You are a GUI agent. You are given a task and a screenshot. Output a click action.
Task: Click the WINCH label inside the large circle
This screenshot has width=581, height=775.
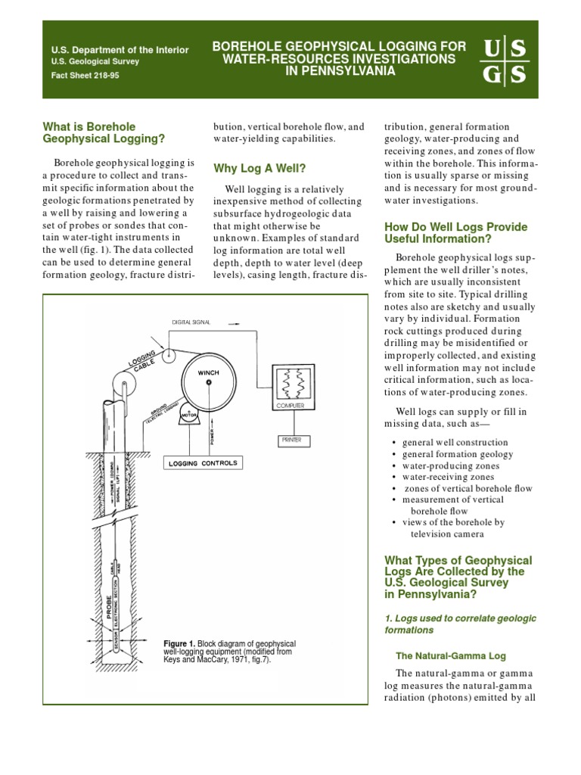pyautogui.click(x=208, y=373)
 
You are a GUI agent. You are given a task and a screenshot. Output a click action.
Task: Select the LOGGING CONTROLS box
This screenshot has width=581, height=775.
pyautogui.click(x=203, y=462)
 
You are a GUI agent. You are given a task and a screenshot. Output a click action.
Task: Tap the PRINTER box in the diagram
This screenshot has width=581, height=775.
pyautogui.click(x=291, y=438)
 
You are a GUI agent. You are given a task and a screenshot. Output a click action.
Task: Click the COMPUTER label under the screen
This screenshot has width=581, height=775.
pyautogui.click(x=291, y=406)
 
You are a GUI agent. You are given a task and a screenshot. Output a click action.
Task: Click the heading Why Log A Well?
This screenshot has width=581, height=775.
pyautogui.click(x=260, y=167)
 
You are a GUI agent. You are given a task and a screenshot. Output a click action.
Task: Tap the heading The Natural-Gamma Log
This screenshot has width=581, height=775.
pyautogui.click(x=451, y=655)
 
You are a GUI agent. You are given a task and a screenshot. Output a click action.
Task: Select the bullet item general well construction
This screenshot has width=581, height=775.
pyautogui.click(x=455, y=442)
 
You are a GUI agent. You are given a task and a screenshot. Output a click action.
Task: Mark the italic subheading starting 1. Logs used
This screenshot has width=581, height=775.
pyautogui.click(x=460, y=624)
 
